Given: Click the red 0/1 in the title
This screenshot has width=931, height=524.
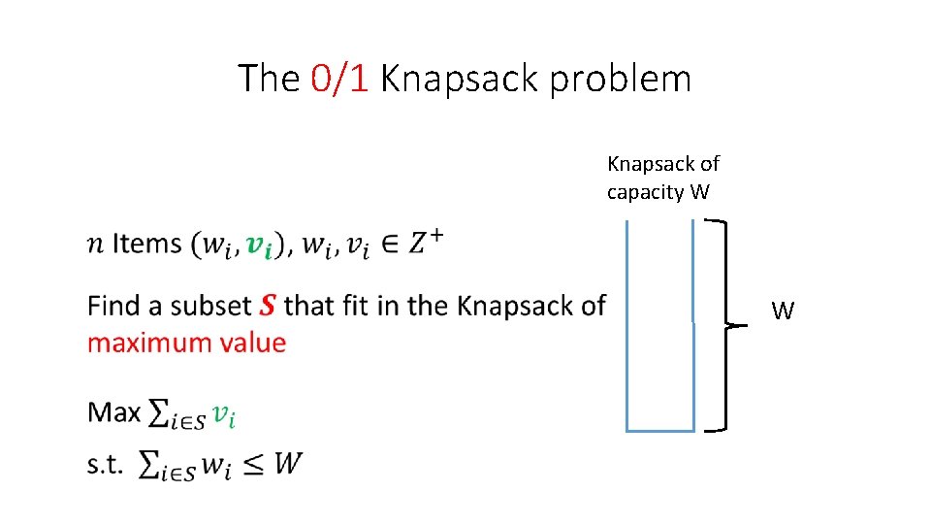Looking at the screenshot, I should point(339,79).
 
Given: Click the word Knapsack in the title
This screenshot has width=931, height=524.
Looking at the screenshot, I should point(458,79).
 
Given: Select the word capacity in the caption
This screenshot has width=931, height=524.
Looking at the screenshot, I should point(645,192).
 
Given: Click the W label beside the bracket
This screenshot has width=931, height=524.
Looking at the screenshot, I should point(783,311).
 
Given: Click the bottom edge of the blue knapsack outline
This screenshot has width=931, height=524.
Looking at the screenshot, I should point(660,429).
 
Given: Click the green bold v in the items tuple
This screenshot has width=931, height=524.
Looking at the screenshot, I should point(258,245).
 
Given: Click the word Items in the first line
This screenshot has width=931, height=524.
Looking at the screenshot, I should point(146,243).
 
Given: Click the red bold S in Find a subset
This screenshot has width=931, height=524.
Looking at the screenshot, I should point(268,307).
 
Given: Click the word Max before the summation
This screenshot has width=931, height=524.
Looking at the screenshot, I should point(114,412).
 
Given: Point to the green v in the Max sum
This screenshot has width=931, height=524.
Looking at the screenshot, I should point(224,415).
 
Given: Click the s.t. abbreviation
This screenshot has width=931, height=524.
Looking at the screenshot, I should point(106,464).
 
